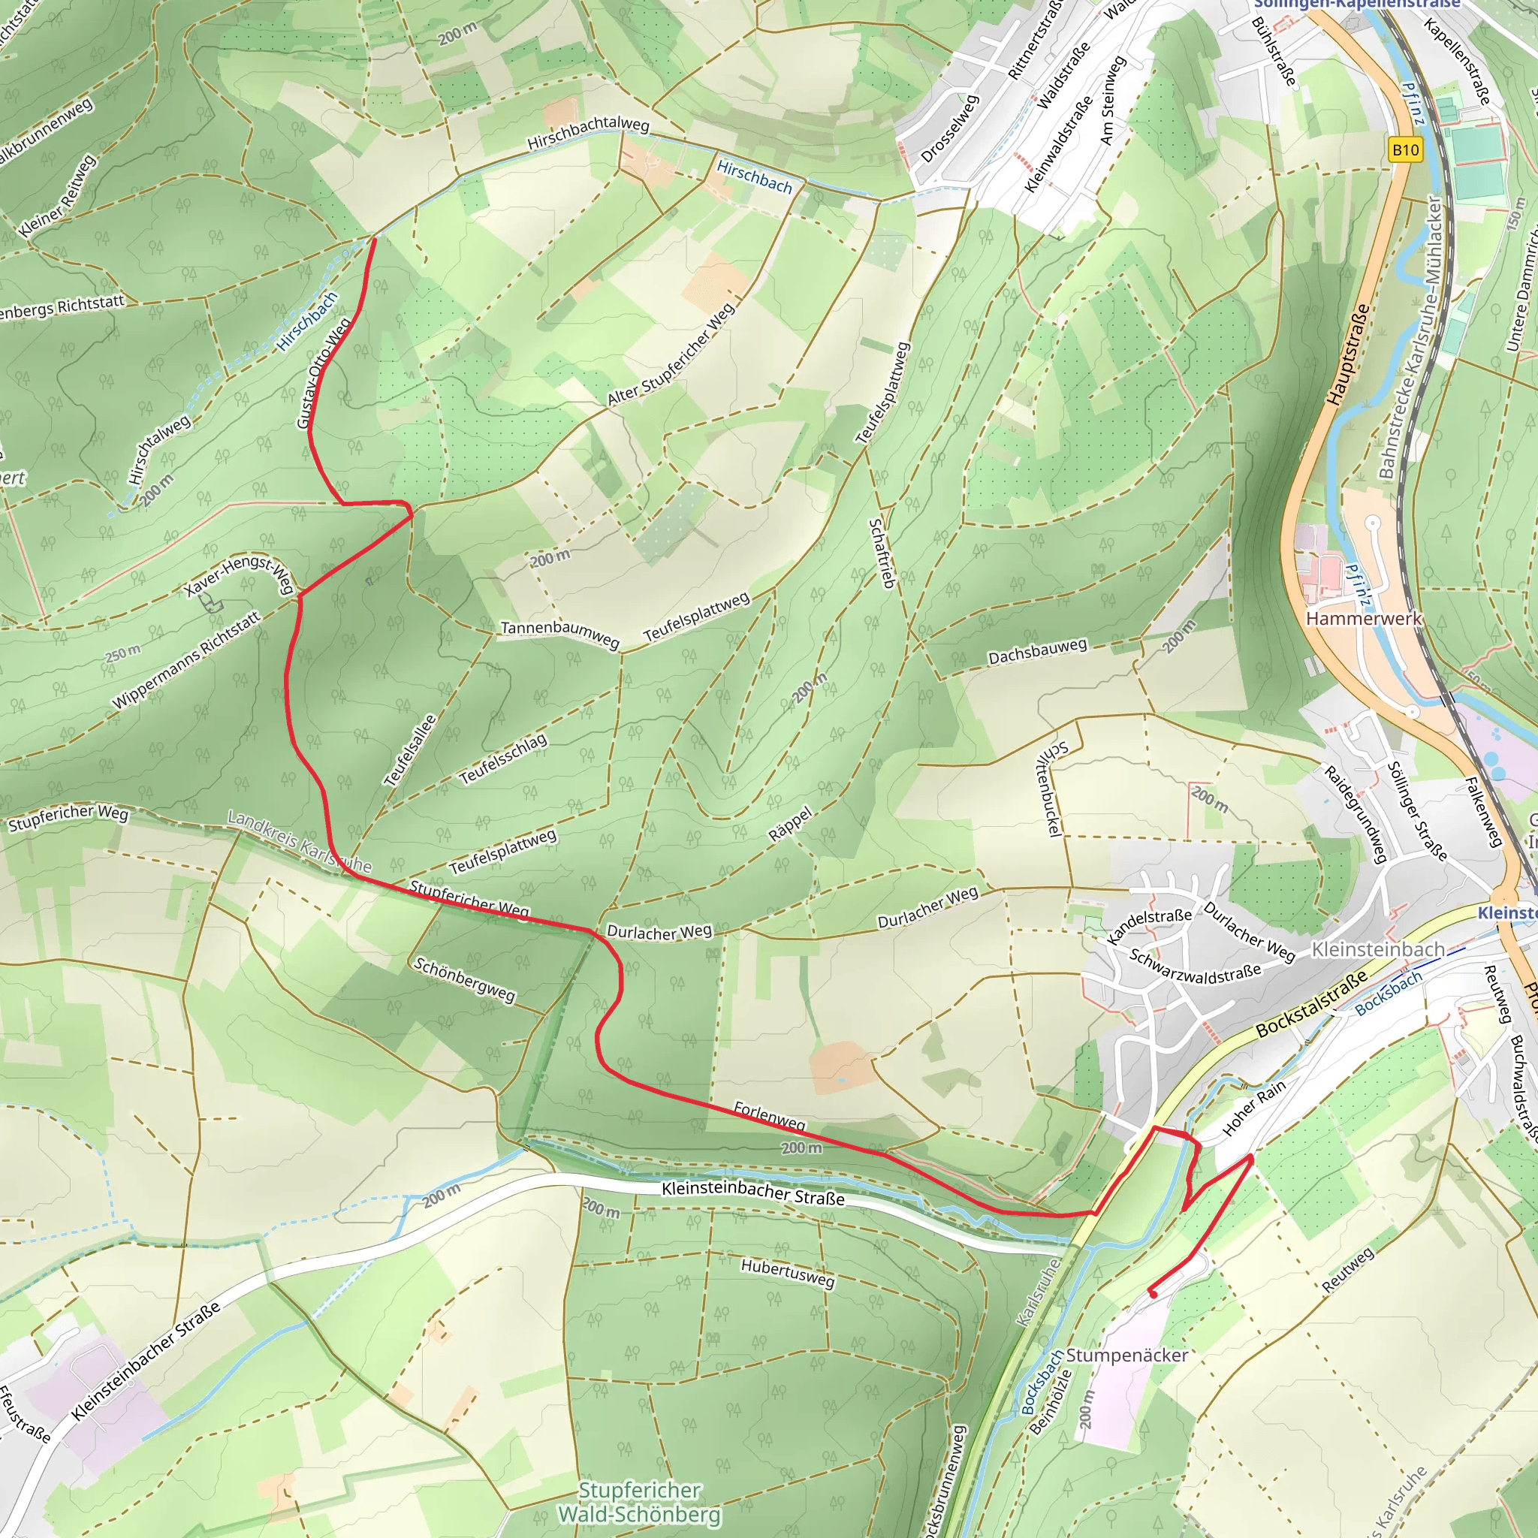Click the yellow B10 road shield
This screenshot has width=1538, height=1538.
(x=1405, y=149)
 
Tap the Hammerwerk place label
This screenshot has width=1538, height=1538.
(x=1363, y=619)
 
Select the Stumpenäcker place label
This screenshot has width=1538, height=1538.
(x=1127, y=1355)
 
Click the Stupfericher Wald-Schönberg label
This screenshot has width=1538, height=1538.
(x=640, y=1501)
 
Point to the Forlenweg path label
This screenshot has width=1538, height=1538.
(x=769, y=1115)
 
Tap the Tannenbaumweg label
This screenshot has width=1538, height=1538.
(x=559, y=632)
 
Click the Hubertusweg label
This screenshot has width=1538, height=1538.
(x=787, y=1272)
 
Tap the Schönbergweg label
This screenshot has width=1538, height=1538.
(x=465, y=979)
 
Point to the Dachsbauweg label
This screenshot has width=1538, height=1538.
(x=1036, y=650)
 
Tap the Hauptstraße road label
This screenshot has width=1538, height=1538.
(x=1348, y=354)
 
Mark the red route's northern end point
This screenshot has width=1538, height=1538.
(x=375, y=238)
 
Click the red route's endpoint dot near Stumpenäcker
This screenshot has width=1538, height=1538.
(x=1153, y=1294)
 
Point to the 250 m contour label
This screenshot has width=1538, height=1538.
(x=123, y=653)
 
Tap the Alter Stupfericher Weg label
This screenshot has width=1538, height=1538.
(x=671, y=355)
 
